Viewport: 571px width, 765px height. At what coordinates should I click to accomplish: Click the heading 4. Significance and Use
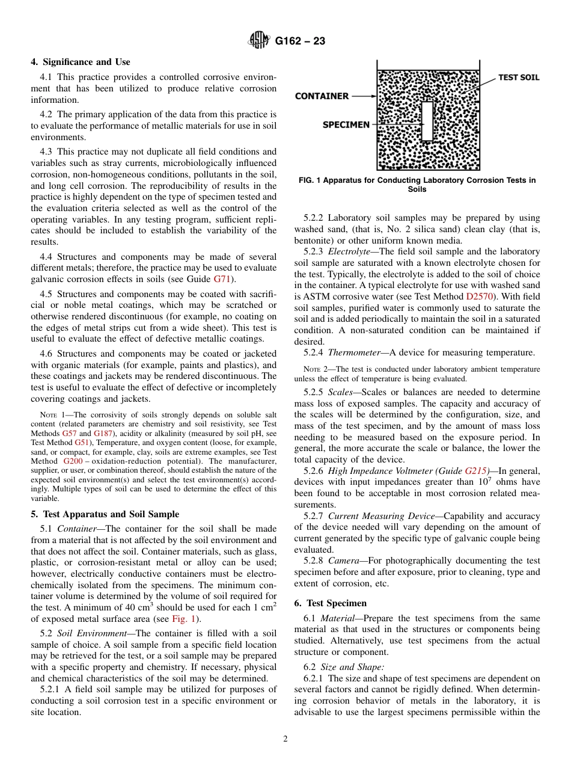point(81,62)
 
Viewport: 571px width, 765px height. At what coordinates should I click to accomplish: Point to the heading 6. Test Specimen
point(330,603)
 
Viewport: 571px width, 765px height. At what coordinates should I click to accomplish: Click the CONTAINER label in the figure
point(322,96)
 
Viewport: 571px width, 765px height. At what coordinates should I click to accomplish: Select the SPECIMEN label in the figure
point(346,124)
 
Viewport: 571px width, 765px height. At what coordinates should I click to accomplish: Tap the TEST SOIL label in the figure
point(519,78)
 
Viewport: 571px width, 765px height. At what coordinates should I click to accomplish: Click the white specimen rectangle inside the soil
point(427,121)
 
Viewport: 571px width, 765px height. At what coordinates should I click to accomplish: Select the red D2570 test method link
point(481,296)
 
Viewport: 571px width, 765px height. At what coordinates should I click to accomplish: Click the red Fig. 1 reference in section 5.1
point(183,619)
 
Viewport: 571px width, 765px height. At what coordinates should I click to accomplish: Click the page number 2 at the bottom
point(285,739)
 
